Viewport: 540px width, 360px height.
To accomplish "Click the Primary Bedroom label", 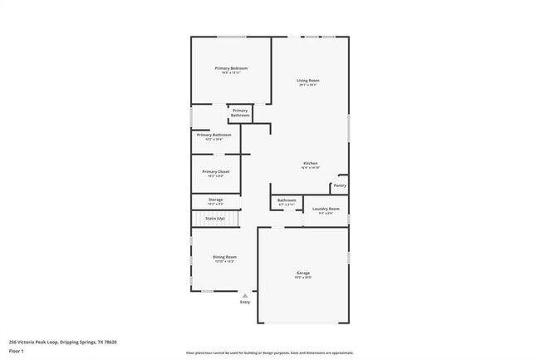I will (x=232, y=68).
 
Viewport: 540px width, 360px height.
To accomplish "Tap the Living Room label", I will (x=308, y=81).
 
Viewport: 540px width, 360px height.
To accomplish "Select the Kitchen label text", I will (x=310, y=163).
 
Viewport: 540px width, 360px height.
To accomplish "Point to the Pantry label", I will (x=340, y=185).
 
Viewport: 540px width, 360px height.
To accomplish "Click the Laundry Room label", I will (x=326, y=209).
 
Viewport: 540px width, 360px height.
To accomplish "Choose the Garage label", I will (x=303, y=273).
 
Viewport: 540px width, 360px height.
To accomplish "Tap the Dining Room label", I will (x=225, y=257).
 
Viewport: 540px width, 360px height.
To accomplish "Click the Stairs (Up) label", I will (x=215, y=217).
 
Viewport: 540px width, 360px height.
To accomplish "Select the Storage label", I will (x=215, y=200).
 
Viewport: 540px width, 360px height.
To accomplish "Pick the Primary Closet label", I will (x=215, y=171).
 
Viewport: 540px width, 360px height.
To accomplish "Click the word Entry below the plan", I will (x=245, y=302).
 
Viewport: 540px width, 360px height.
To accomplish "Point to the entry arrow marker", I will (x=245, y=294).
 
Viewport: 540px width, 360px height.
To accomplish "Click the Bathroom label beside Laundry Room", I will (x=287, y=200).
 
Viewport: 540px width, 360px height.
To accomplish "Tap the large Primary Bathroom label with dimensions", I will (x=214, y=135).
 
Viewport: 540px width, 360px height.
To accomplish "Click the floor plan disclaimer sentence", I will (x=269, y=353).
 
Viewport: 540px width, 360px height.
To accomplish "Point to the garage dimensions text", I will (x=303, y=278).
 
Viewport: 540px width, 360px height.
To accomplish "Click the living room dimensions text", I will (x=308, y=86).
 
